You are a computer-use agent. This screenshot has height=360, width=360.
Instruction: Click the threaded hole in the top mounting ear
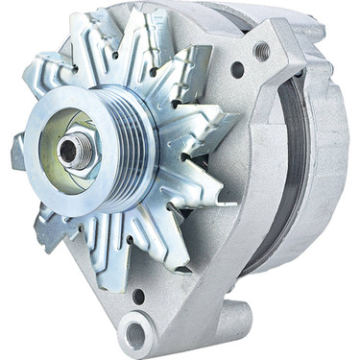tap(262, 51)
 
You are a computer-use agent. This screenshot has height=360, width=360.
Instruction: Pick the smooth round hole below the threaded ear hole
tap(237, 69)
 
